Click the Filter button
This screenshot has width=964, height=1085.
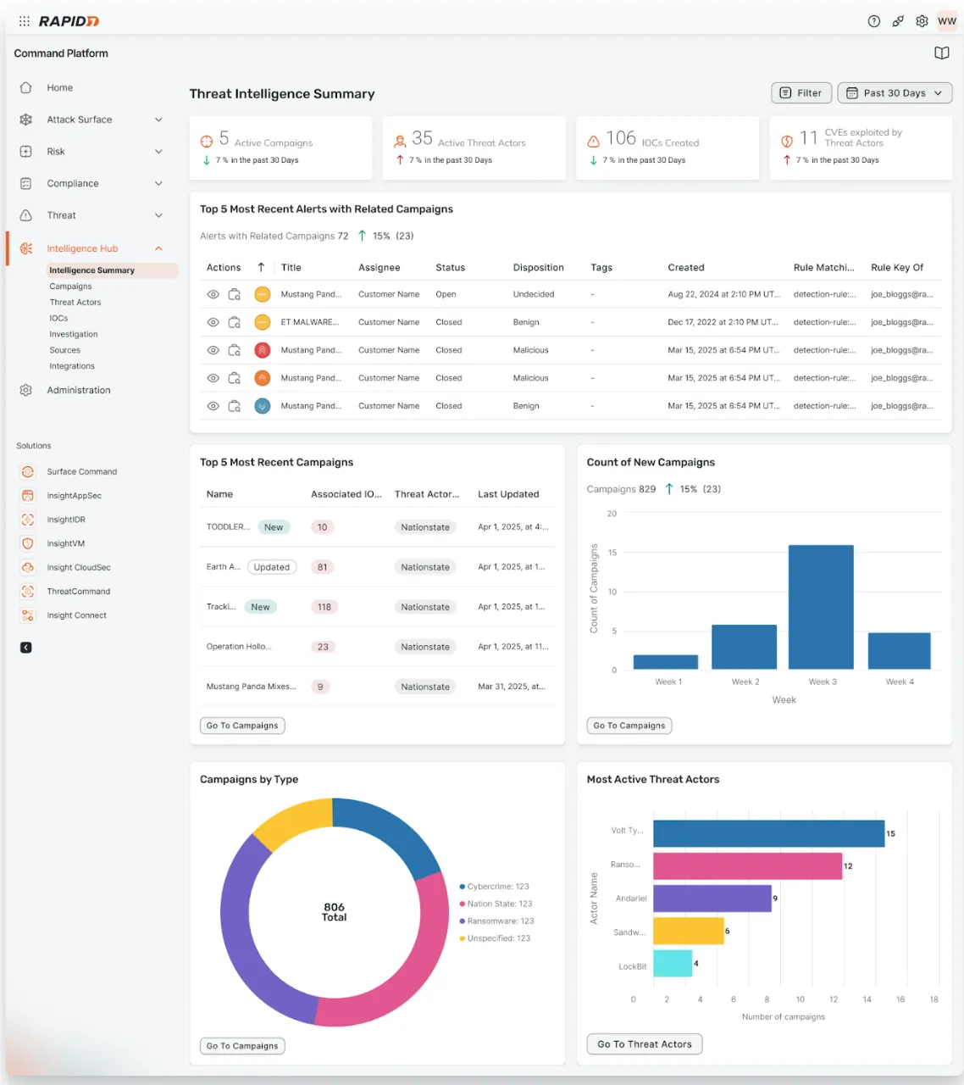pyautogui.click(x=801, y=93)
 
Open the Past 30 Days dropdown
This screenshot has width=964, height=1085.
pyautogui.click(x=895, y=93)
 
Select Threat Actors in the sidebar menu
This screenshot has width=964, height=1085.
pyautogui.click(x=75, y=303)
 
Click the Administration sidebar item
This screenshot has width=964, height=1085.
pyautogui.click(x=79, y=391)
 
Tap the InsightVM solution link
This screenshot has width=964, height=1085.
pyautogui.click(x=65, y=544)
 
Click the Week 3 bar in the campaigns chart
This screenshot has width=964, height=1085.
pyautogui.click(x=821, y=607)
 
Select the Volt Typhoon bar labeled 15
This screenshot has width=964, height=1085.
pyautogui.click(x=768, y=834)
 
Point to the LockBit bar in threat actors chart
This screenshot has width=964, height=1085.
pyautogui.click(x=673, y=964)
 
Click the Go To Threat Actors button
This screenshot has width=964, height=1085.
pyautogui.click(x=644, y=1044)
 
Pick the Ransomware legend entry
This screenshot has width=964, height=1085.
pyautogui.click(x=497, y=921)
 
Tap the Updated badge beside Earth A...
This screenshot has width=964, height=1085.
pyautogui.click(x=272, y=568)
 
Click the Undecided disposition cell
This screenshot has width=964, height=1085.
pyautogui.click(x=534, y=295)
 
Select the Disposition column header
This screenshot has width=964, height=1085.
pyautogui.click(x=538, y=268)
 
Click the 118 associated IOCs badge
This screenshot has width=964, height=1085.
pyautogui.click(x=324, y=608)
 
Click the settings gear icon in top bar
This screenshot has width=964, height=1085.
pyautogui.click(x=922, y=21)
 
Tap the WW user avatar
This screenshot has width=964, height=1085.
pyautogui.click(x=946, y=21)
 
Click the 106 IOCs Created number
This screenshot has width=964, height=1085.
pyautogui.click(x=621, y=138)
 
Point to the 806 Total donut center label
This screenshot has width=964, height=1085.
pyautogui.click(x=334, y=912)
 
